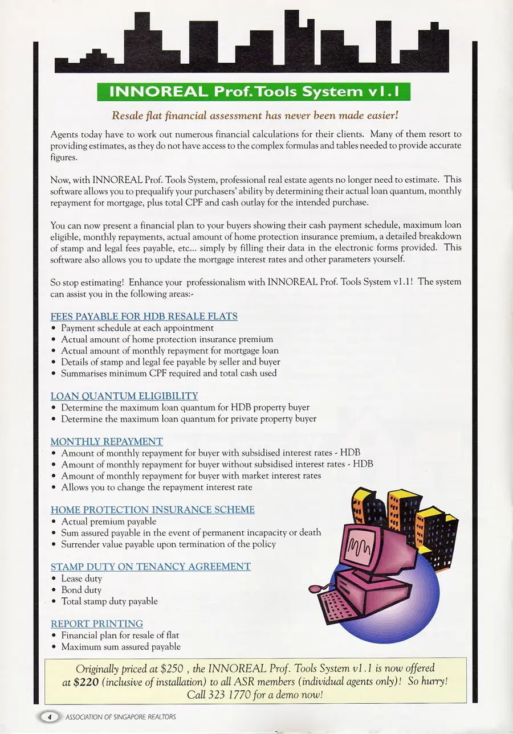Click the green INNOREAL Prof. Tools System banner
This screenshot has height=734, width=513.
[x=254, y=92]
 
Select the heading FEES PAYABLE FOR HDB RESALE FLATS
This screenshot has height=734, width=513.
[x=144, y=316]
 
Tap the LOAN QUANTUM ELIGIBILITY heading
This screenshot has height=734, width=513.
[x=124, y=396]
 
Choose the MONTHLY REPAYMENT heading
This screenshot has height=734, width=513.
[x=107, y=441]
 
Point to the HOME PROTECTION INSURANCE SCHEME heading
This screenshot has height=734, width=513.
[x=152, y=510]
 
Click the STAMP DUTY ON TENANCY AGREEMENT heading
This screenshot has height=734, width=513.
[x=150, y=567]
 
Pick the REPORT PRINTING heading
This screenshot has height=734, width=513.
[x=97, y=624]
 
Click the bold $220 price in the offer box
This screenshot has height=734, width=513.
[x=85, y=682]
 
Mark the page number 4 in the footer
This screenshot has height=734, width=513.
[x=50, y=717]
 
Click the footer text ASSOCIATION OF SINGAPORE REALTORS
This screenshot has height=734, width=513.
[x=121, y=717]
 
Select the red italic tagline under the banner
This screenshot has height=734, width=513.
[x=255, y=116]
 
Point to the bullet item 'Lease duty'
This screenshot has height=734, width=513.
[x=82, y=579]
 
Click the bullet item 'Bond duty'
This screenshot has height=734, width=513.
[x=81, y=590]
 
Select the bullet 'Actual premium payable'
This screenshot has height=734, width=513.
[x=108, y=522]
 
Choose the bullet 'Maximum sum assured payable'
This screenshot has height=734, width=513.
[x=121, y=647]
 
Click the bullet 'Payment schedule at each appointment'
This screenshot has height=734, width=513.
[x=137, y=328]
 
